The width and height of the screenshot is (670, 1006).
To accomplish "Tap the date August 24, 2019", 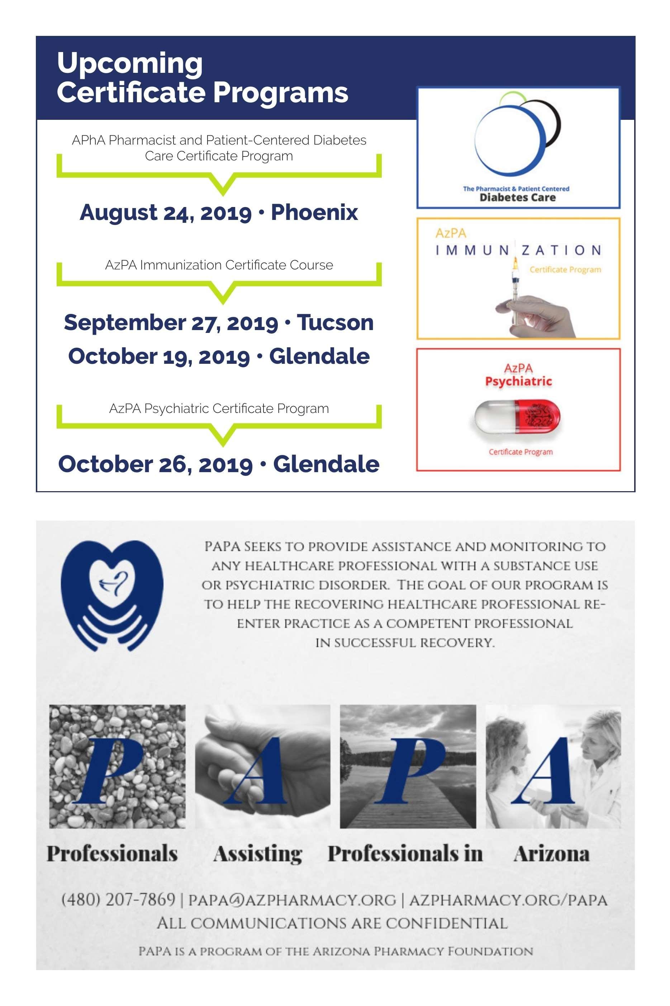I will click(165, 212).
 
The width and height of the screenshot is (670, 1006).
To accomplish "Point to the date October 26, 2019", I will click(155, 464).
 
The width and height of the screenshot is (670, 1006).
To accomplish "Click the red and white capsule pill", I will click(517, 417).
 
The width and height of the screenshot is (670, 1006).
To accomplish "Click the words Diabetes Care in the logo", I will click(517, 198).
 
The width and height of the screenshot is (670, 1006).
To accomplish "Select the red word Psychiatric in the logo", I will click(518, 381).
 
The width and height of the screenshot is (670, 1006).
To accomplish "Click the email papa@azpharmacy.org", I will click(292, 900).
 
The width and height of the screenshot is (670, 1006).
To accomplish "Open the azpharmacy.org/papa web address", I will click(508, 900).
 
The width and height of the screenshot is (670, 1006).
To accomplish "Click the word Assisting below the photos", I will click(258, 854).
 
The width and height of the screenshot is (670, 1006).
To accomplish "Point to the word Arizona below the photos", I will click(552, 854).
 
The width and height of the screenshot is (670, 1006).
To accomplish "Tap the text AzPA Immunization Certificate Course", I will click(219, 265).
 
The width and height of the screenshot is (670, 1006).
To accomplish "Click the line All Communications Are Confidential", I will click(332, 923).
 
